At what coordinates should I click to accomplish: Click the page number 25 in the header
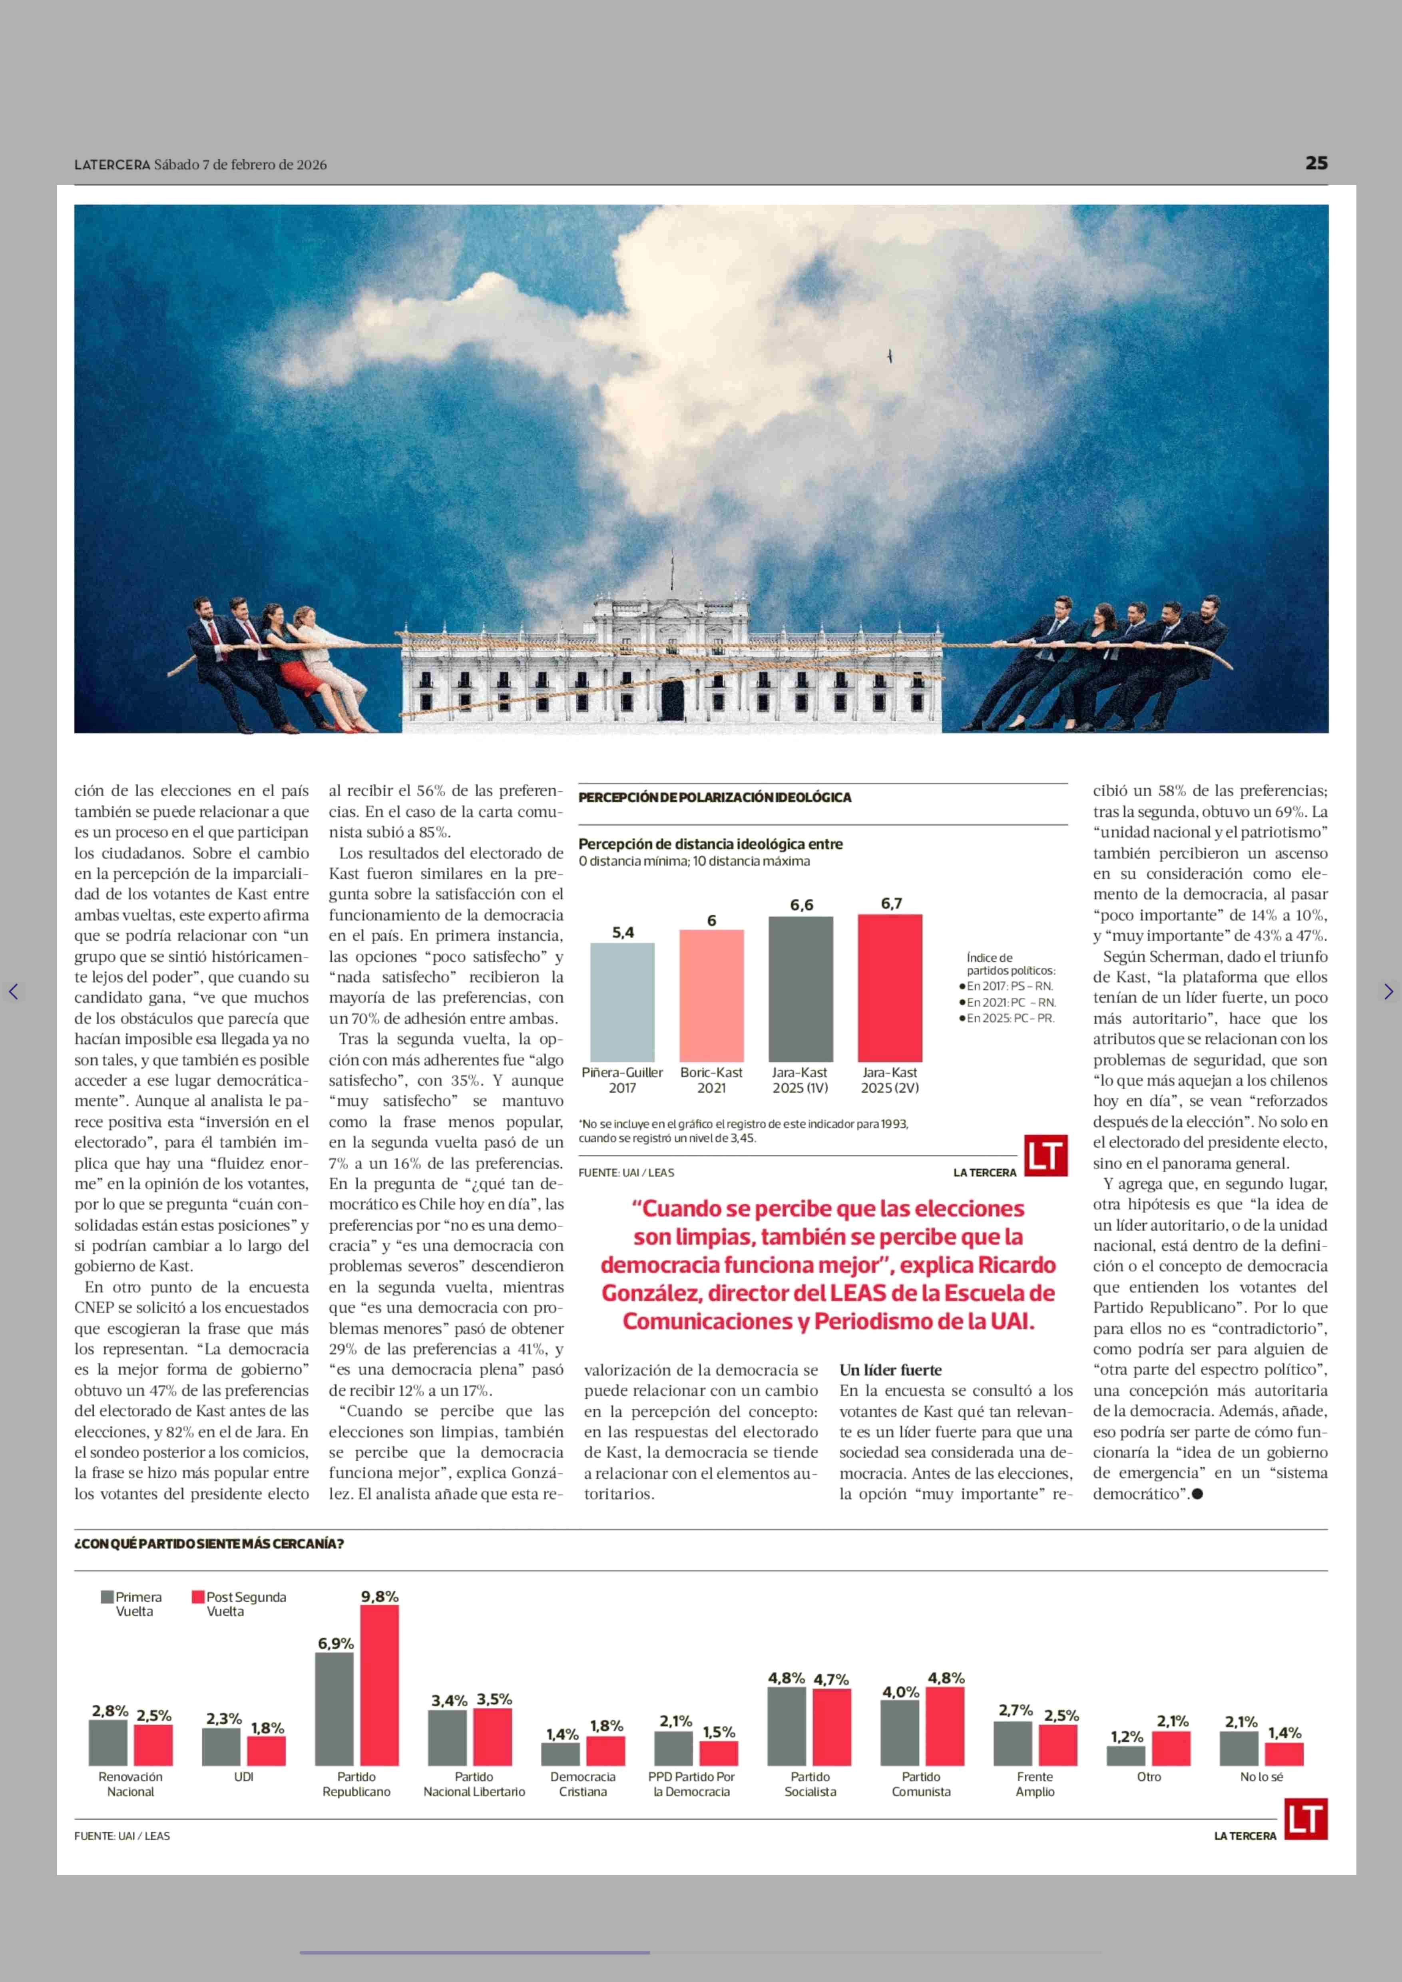1316,163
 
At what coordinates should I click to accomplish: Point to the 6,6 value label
801,905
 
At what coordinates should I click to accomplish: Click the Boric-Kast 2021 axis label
711,1079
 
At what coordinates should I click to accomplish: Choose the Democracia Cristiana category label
583,1784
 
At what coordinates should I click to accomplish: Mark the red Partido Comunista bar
944,1727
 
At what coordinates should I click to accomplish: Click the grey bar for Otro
1126,1757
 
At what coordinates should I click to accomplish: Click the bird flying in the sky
890,356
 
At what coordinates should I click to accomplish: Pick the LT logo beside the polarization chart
1046,1156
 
